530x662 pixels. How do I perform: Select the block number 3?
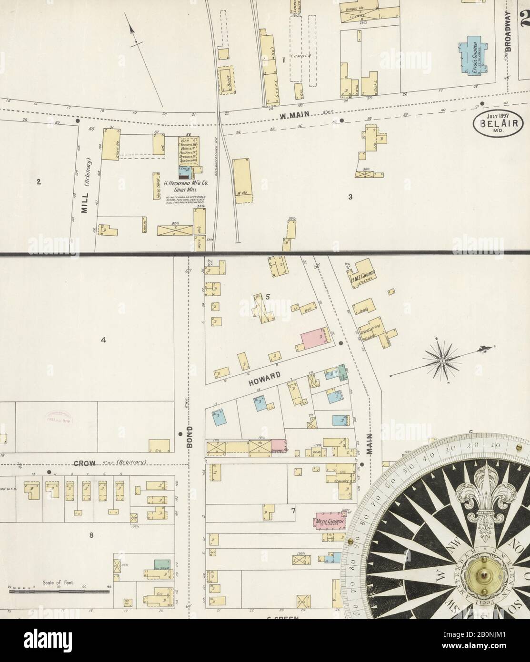pyautogui.click(x=350, y=196)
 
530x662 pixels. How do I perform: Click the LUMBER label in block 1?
pyautogui.click(x=302, y=56)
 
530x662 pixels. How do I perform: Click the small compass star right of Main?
pyautogui.click(x=442, y=361)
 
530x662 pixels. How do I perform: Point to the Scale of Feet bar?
pyautogui.click(x=60, y=592)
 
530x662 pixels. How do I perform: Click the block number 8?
pyautogui.click(x=91, y=535)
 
